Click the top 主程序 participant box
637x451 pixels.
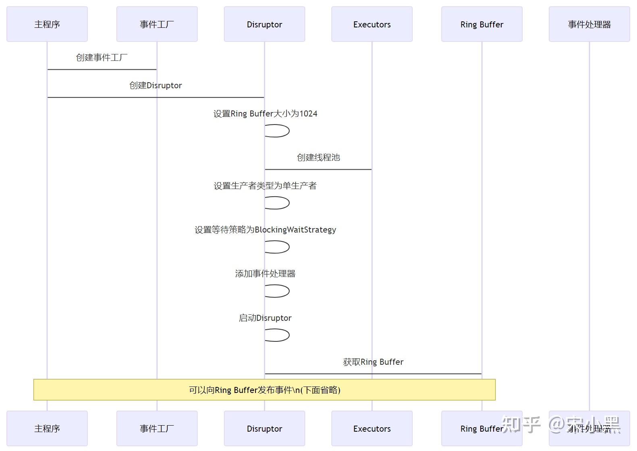47,24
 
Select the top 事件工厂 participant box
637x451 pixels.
157,24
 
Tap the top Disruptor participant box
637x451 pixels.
264,24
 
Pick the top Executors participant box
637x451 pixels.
372,24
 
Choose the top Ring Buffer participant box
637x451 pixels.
481,24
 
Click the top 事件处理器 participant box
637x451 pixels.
589,24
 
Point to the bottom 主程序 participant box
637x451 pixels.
47,428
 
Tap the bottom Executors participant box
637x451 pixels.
372,428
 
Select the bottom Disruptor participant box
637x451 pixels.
264,428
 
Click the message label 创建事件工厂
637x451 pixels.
102,58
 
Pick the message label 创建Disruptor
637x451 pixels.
156,85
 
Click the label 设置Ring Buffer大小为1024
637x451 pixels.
265,114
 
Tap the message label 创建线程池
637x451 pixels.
318,158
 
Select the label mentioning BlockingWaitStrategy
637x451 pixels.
265,230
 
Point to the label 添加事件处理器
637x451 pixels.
265,274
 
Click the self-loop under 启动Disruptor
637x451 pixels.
278,335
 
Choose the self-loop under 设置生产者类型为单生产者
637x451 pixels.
278,203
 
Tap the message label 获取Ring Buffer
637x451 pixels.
373,362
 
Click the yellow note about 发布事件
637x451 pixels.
264,390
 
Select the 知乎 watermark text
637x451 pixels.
521,424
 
